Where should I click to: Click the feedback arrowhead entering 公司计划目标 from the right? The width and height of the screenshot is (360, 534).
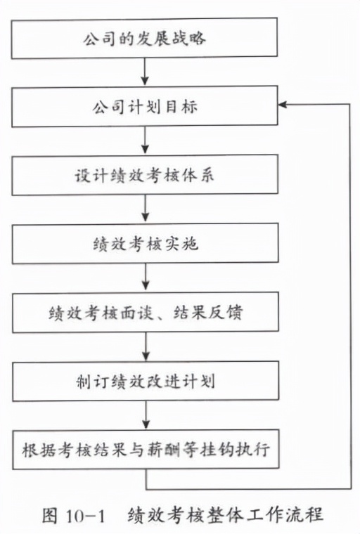point(283,105)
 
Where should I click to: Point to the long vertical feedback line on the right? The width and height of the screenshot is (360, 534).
point(349,295)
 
